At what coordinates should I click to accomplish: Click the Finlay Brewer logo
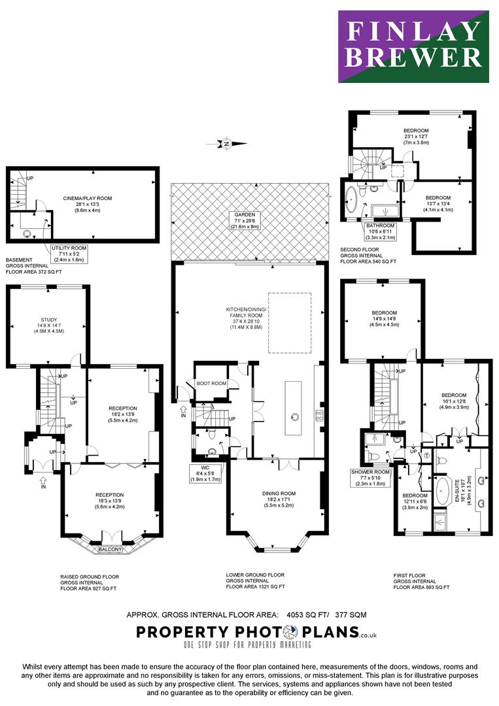click(413, 46)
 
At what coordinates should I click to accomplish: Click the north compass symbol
click(226, 144)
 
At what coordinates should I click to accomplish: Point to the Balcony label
click(110, 549)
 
